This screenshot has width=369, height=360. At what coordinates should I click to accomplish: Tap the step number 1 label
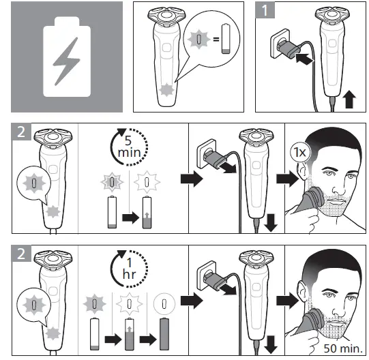(x=266, y=10)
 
